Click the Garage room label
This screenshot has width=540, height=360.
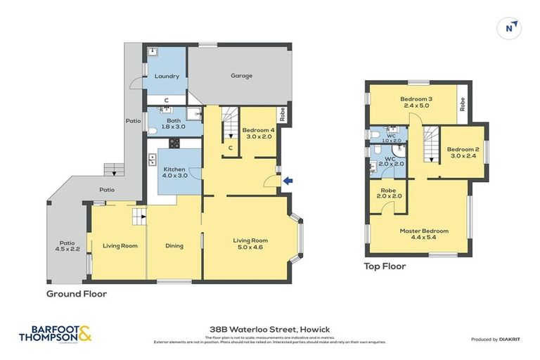click(x=241, y=75)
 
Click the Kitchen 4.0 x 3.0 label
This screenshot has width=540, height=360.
click(x=174, y=174)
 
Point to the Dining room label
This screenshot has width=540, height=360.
click(x=174, y=246)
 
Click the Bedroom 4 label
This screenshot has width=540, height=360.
click(x=257, y=133)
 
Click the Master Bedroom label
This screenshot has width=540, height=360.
click(x=423, y=234)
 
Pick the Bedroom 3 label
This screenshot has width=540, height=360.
click(x=417, y=103)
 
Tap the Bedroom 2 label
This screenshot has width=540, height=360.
click(x=463, y=153)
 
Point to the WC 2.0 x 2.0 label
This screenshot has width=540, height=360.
click(x=390, y=162)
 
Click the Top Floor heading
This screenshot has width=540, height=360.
click(x=384, y=266)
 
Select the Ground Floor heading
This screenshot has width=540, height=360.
click(x=77, y=294)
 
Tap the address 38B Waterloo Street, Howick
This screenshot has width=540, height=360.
click(x=269, y=329)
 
